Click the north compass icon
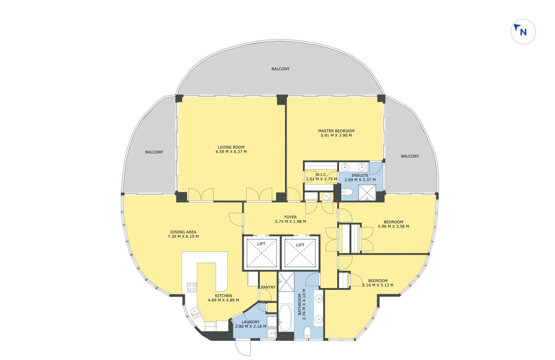click(x=523, y=31)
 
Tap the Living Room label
click(x=231, y=147)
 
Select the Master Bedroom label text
click(x=336, y=131)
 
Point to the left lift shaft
click(x=262, y=253)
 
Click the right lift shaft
click(x=300, y=253)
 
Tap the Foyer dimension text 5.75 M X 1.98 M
click(x=290, y=221)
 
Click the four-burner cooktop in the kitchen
click(x=192, y=288)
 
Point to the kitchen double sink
click(x=195, y=313)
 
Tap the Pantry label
click(x=268, y=287)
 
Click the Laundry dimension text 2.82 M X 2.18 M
click(x=251, y=326)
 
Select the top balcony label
click(x=280, y=69)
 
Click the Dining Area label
click(x=183, y=232)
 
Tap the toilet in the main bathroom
click(x=307, y=332)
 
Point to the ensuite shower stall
click(x=367, y=193)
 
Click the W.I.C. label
click(x=321, y=175)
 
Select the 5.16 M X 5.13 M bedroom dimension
click(x=378, y=285)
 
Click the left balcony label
click(x=154, y=152)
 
